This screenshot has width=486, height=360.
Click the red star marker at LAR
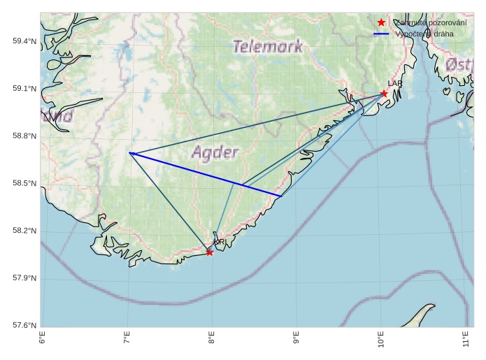(x=384, y=94)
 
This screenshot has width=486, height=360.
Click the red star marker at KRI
(x=210, y=252)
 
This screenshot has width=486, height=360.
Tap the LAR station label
(x=395, y=84)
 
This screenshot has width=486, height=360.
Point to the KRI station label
(x=220, y=242)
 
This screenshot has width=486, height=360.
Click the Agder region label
(x=215, y=152)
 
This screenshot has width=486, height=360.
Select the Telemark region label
(x=268, y=47)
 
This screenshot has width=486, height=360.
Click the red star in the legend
(x=381, y=23)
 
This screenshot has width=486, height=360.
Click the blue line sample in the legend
(x=381, y=34)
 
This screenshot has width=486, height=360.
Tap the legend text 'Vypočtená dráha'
(x=424, y=34)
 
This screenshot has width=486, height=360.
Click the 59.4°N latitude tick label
(x=24, y=41)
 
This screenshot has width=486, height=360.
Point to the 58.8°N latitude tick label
(x=24, y=136)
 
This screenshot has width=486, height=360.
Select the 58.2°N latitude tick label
(x=24, y=231)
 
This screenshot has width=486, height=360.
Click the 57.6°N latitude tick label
(x=24, y=326)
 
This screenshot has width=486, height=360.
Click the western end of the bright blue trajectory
(x=130, y=152)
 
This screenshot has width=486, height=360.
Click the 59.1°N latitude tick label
(x=24, y=89)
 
